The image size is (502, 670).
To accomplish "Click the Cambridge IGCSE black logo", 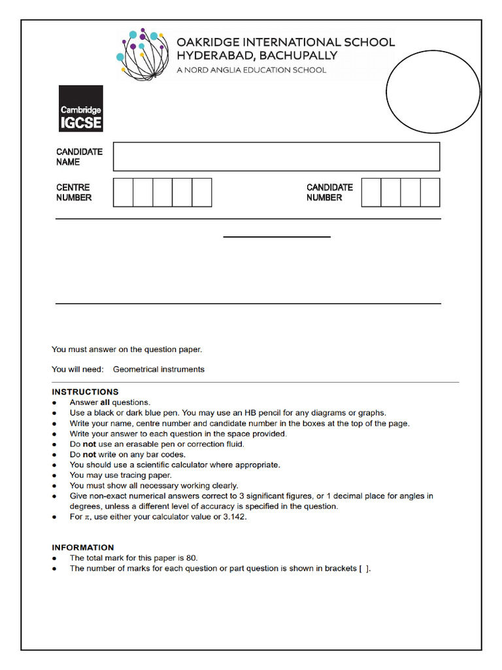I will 80,109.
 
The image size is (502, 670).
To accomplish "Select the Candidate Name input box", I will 276,156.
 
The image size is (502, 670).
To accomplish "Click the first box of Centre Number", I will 123,192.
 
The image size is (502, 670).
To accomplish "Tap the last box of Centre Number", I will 201,192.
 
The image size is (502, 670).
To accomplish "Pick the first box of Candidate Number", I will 371,192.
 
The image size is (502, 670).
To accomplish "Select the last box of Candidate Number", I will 429,192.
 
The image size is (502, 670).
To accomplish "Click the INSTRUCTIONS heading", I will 85,392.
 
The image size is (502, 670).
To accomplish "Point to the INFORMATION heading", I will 83,548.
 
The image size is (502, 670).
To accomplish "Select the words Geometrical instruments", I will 158,370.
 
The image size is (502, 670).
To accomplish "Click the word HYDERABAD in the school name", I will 218,56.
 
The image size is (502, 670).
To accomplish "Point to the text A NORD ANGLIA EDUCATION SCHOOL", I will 251,70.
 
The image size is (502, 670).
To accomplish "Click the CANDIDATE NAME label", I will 79,156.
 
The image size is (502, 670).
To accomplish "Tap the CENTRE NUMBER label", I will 73,192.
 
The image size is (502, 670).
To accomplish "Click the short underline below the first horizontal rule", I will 276,237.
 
